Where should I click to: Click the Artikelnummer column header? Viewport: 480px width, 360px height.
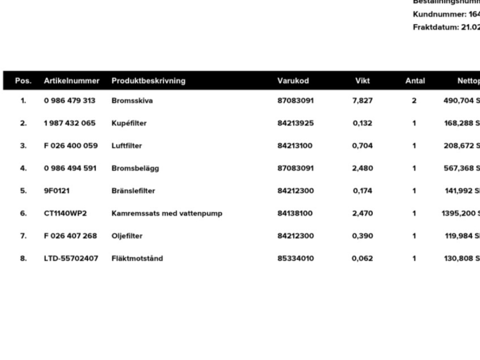pyautogui.click(x=71, y=81)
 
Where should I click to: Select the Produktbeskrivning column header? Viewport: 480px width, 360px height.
pyautogui.click(x=148, y=81)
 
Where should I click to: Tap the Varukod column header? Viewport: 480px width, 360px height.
pyautogui.click(x=293, y=81)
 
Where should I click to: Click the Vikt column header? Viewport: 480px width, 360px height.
pyautogui.click(x=362, y=81)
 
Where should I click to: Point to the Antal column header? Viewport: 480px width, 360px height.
pyautogui.click(x=415, y=81)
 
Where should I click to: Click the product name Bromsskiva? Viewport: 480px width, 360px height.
pyautogui.click(x=132, y=101)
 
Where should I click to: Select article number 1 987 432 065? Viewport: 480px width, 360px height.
pyautogui.click(x=69, y=123)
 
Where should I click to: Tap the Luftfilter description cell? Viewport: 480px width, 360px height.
pyautogui.click(x=126, y=146)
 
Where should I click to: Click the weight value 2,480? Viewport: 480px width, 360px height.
pyautogui.click(x=362, y=168)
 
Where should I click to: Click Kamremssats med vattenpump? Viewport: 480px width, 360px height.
pyautogui.click(x=166, y=213)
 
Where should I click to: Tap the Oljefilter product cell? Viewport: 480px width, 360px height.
pyautogui.click(x=127, y=236)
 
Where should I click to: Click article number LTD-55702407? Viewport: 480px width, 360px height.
pyautogui.click(x=70, y=259)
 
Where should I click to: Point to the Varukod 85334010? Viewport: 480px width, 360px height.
pyautogui.click(x=295, y=259)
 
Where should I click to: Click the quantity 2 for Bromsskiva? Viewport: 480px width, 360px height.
pyautogui.click(x=414, y=101)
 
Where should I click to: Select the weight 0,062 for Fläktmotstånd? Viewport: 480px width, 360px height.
pyautogui.click(x=362, y=259)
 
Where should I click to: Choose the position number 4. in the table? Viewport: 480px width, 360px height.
pyautogui.click(x=23, y=168)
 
